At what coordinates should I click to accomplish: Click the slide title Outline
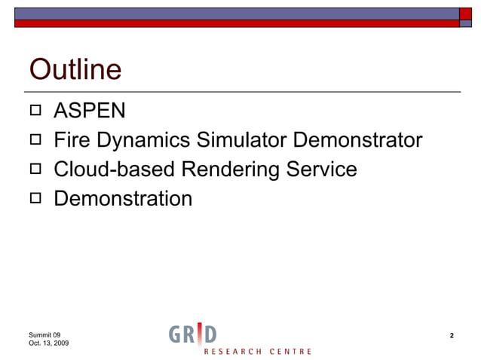(75, 70)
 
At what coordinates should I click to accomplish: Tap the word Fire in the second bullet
(72, 141)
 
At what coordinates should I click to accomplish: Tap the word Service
(322, 169)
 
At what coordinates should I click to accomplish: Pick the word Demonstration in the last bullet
(123, 199)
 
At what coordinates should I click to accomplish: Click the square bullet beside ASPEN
(35, 112)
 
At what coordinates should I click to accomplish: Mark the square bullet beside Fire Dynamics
(35, 141)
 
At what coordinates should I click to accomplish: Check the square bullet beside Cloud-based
(35, 170)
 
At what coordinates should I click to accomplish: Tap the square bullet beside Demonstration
(35, 199)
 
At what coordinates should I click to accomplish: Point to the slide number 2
(452, 335)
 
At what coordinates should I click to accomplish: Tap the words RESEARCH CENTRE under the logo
(257, 352)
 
